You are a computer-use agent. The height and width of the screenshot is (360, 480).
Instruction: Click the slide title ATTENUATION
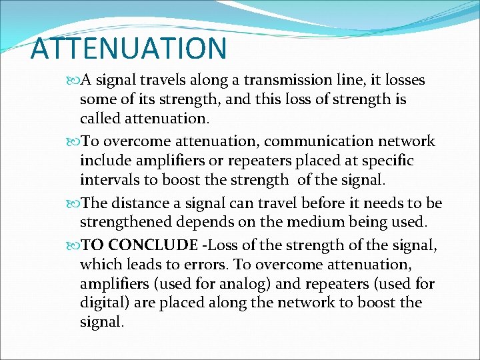click(x=129, y=48)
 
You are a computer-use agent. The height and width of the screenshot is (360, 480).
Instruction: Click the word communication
click(x=327, y=141)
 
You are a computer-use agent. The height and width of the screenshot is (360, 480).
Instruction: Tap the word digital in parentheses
click(x=100, y=303)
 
